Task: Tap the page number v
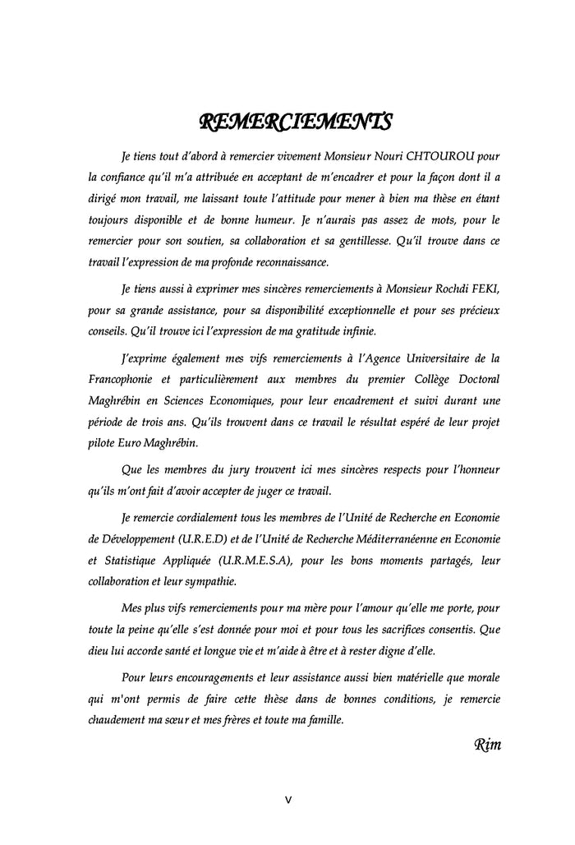287,798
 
